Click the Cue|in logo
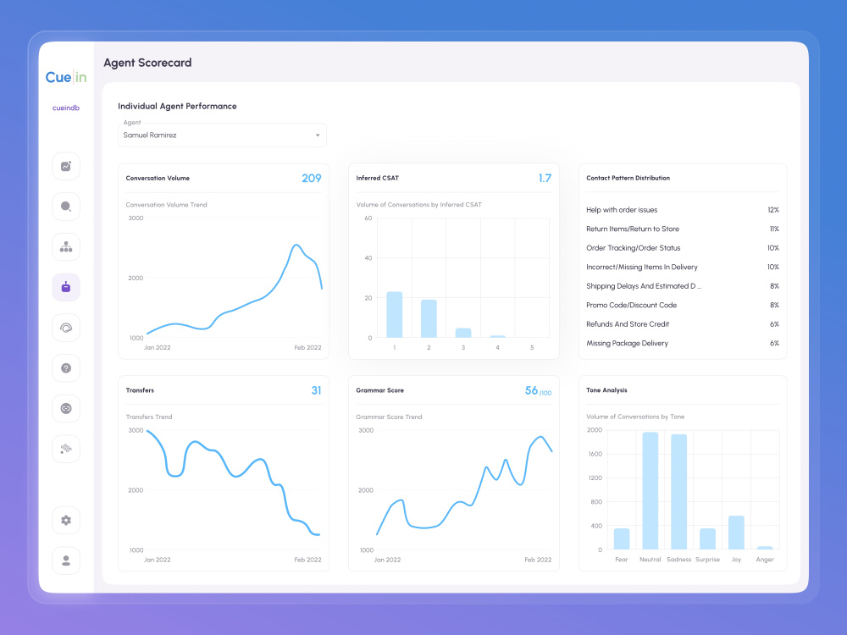[66, 77]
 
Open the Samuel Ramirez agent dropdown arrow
[318, 135]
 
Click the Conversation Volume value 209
[311, 178]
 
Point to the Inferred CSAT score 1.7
[545, 178]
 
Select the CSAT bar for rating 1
[395, 315]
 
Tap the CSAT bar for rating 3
[463, 333]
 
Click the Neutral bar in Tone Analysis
[650, 491]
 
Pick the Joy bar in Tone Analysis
[736, 533]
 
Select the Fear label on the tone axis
[621, 560]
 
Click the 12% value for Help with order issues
[773, 210]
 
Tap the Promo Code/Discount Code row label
[632, 305]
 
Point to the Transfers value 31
[316, 390]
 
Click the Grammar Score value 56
[532, 390]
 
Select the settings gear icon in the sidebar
[66, 520]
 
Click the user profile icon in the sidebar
[66, 560]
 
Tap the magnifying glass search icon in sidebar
[66, 207]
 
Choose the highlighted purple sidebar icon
[66, 287]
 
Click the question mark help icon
[66, 368]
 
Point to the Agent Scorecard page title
[147, 63]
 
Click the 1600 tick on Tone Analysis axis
[595, 454]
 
